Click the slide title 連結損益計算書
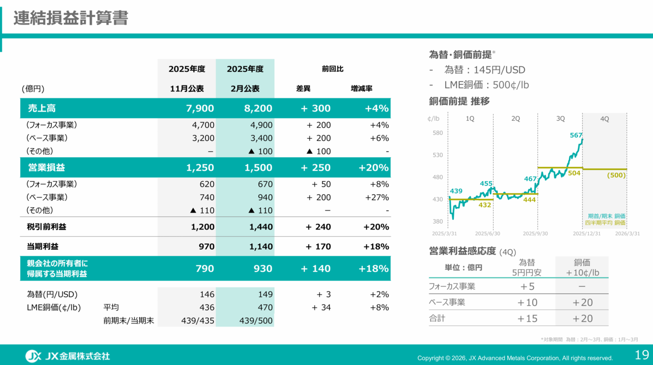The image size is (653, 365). (x=71, y=18)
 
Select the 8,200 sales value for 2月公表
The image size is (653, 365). (x=258, y=108)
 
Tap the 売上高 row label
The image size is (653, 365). (x=42, y=108)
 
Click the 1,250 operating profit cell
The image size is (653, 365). (x=200, y=168)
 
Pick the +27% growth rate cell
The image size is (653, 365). (x=377, y=197)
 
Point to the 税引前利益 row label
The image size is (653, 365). (x=47, y=227)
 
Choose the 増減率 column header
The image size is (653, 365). (x=361, y=88)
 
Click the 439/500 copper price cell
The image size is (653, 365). (x=256, y=320)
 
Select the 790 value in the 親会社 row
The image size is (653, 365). (x=205, y=268)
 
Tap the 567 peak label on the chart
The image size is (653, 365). (x=576, y=135)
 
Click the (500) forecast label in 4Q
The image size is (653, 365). (x=616, y=175)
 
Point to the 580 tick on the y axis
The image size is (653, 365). (x=438, y=133)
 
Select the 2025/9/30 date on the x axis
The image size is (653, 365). (x=535, y=233)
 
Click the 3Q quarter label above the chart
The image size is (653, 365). (x=560, y=119)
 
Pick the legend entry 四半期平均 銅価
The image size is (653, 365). (x=605, y=223)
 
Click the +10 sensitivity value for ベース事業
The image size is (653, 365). (x=527, y=302)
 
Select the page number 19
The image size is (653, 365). (x=642, y=355)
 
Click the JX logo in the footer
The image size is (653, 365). (x=33, y=356)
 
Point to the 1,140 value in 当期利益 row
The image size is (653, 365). (x=261, y=246)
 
